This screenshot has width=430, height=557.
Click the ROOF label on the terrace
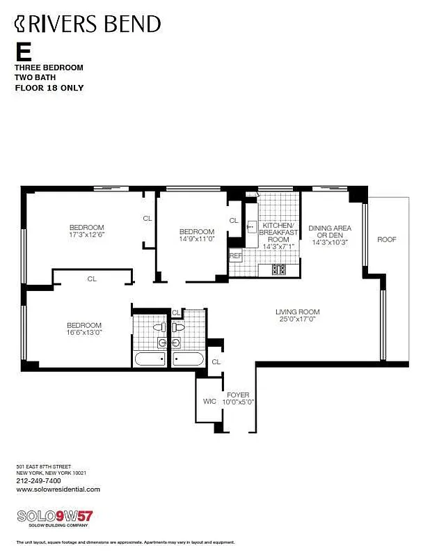(387, 240)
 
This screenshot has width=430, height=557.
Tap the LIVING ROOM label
(297, 312)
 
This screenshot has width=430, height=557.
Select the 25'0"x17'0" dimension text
(297, 320)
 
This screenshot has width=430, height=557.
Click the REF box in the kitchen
(236, 256)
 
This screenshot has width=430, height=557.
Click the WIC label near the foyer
(209, 401)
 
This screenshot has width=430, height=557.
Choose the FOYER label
(238, 395)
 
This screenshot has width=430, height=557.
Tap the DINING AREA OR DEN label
(330, 232)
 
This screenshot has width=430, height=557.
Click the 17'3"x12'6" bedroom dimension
(87, 235)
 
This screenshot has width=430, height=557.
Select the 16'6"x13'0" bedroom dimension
(83, 333)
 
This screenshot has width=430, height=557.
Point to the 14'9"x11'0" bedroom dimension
(197, 240)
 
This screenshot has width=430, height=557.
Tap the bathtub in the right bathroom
(188, 359)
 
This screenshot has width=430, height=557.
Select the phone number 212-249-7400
(38, 480)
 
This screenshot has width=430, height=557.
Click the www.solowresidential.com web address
(58, 489)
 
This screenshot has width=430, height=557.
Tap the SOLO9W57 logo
(54, 517)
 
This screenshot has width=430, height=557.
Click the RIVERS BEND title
(88, 24)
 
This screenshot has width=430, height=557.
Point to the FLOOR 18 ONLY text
(49, 88)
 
